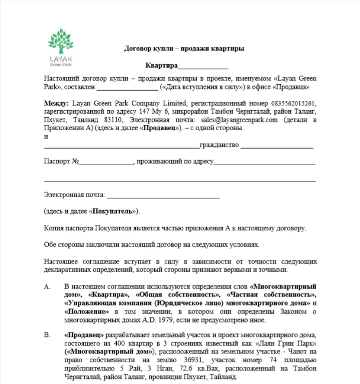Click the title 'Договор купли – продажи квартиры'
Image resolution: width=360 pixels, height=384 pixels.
[x=184, y=48]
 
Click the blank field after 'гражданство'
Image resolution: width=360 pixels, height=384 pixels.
[x=277, y=145]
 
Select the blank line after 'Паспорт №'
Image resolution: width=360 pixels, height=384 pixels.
[x=106, y=162]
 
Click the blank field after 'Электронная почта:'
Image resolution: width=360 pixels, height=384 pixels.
[x=163, y=195]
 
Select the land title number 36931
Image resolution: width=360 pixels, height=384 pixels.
[x=179, y=360]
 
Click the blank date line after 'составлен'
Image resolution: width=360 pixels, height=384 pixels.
[x=127, y=86]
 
